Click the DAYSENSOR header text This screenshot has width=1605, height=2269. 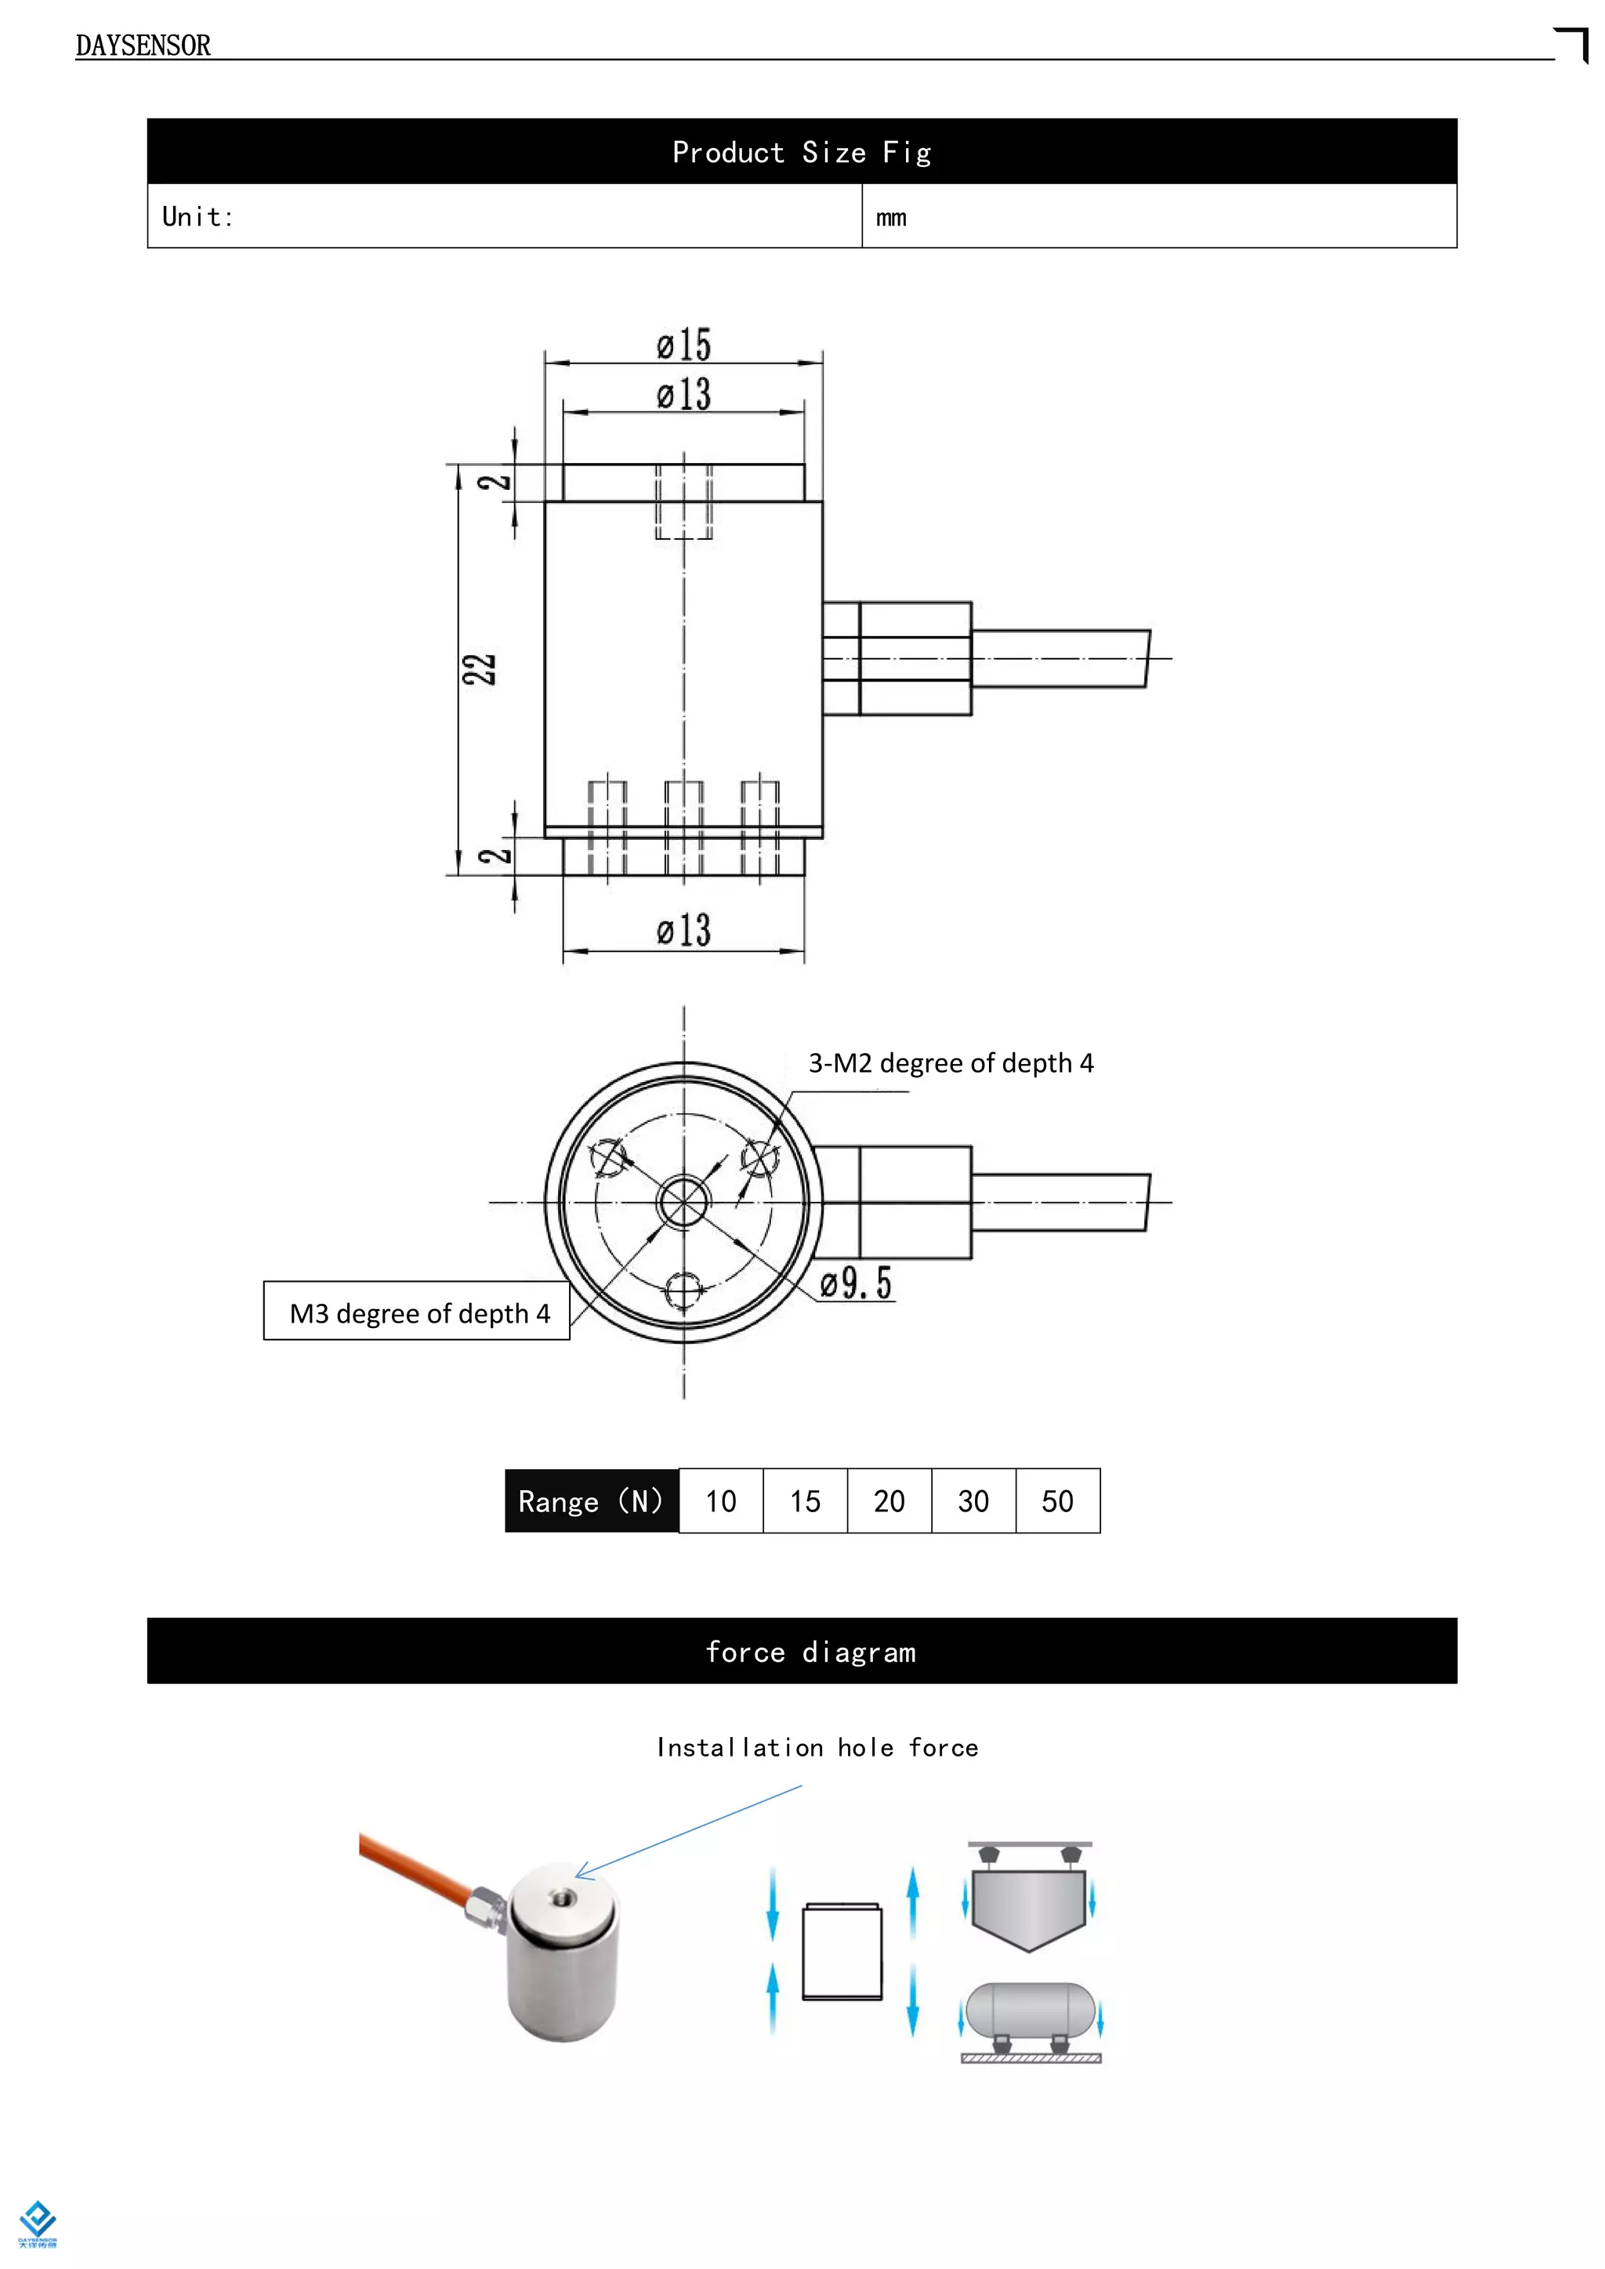coord(143,45)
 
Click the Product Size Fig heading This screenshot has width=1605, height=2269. coord(802,152)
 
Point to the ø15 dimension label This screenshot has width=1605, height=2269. coord(684,345)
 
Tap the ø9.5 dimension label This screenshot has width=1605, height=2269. coord(856,1283)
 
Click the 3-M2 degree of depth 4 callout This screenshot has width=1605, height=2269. coord(951,1063)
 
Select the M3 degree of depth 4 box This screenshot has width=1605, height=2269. coord(417,1312)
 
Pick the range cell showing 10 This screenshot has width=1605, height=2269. coord(720,1501)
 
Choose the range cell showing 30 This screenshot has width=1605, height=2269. coord(973,1501)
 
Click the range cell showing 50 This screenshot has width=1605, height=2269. coord(1057,1501)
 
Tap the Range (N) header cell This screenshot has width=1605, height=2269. coord(591,1501)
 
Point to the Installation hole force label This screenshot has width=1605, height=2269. coord(817,1747)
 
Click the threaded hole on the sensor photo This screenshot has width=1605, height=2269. coord(564,1896)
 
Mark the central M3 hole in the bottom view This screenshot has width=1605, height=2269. coord(683,1202)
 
